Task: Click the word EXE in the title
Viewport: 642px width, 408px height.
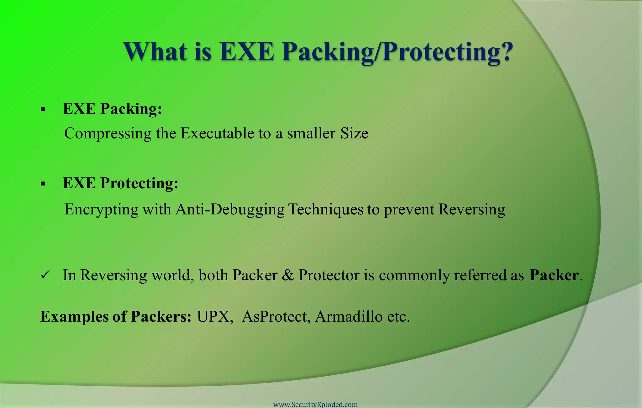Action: pos(247,52)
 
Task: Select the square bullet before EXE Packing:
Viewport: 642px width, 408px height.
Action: pos(43,110)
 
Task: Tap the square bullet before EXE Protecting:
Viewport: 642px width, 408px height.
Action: pos(43,184)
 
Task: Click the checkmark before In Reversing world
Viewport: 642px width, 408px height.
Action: pos(45,276)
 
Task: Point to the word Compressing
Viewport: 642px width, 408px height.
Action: pos(108,134)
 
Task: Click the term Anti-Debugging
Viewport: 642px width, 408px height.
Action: pos(230,210)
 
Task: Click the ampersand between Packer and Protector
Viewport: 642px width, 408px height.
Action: pos(288,275)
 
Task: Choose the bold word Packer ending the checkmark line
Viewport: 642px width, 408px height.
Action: pos(554,275)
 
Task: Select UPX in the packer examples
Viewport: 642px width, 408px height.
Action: pos(214,316)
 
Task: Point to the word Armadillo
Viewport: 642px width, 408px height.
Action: pos(349,316)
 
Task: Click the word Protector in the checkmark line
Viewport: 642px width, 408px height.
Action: pos(329,275)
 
